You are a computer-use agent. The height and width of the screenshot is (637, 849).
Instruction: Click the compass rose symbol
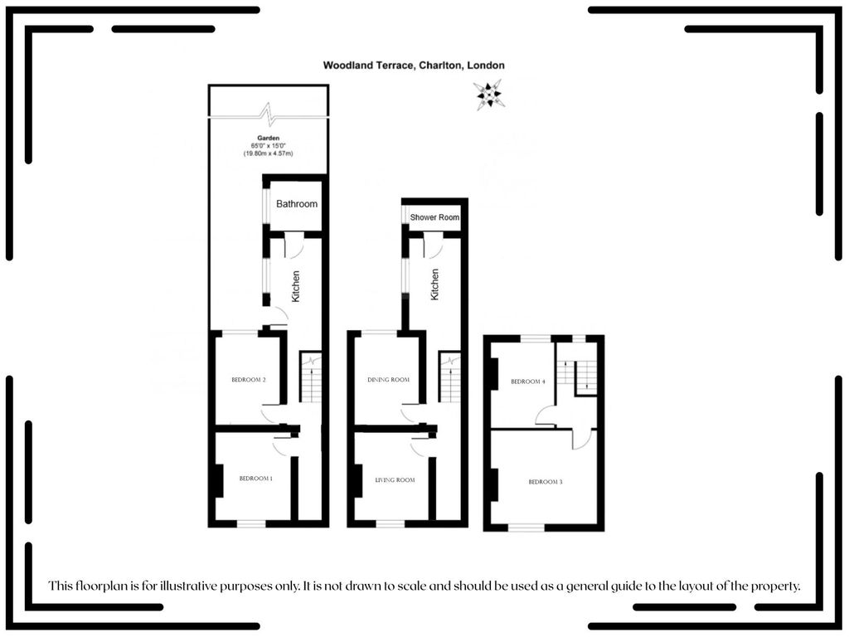489,95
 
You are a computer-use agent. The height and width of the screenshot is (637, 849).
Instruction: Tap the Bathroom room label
297,204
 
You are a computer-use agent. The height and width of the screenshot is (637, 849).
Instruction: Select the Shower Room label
434,217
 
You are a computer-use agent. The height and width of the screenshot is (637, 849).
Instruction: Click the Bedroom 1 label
255,479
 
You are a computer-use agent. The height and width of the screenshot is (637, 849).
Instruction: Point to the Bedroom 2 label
249,380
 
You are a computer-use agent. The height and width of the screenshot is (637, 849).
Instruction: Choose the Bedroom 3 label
546,482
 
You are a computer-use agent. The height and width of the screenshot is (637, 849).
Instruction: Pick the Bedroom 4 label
528,382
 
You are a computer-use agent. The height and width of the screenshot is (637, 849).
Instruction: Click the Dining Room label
388,380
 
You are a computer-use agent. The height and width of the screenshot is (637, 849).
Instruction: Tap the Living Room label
395,480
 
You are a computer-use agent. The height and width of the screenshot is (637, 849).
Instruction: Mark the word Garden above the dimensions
269,139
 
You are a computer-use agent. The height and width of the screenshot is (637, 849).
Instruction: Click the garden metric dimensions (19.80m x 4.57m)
268,153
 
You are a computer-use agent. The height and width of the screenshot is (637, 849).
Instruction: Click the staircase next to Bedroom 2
311,377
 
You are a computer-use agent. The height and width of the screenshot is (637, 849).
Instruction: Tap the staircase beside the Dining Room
450,377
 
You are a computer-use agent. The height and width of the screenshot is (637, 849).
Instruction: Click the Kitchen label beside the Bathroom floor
296,286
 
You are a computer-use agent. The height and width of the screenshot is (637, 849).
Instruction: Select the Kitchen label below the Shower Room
434,284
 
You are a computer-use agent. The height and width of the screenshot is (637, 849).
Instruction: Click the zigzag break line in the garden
269,115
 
